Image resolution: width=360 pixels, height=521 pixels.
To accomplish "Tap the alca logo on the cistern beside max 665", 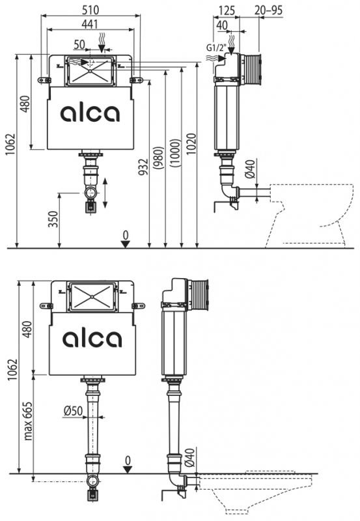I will click(91, 338).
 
